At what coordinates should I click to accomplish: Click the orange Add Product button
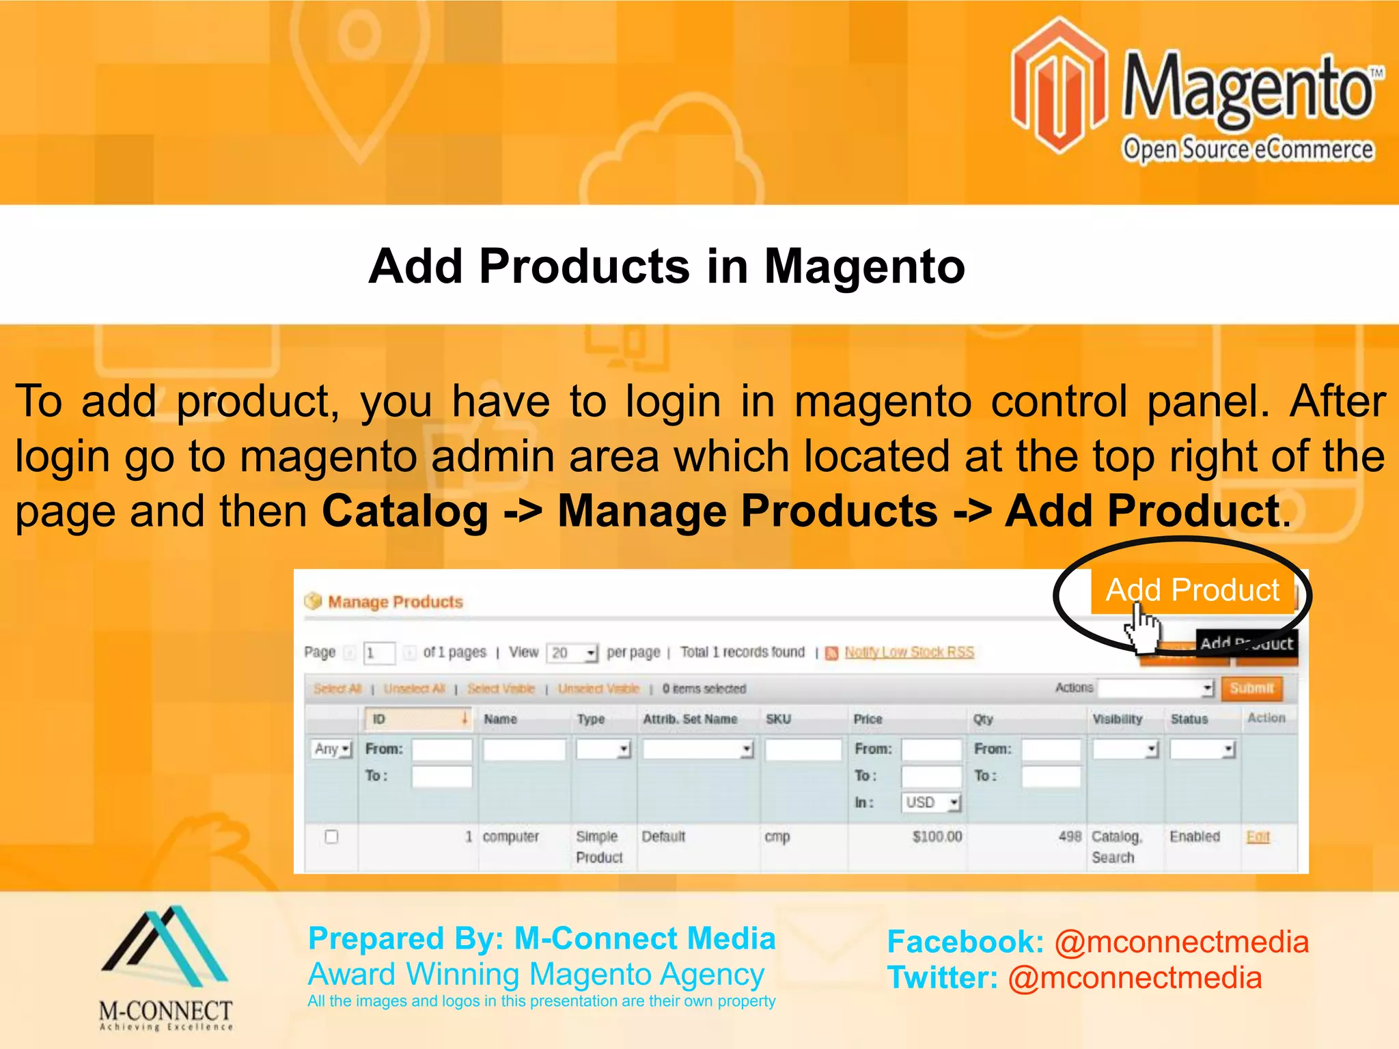[x=1191, y=590]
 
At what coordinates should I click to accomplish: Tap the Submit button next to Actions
[x=1251, y=688]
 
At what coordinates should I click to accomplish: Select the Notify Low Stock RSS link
[x=909, y=652]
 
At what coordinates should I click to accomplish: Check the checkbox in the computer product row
[x=331, y=837]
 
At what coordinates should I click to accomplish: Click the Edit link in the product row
[x=1258, y=837]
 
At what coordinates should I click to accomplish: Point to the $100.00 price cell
[x=937, y=837]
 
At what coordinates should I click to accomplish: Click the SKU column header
[x=778, y=719]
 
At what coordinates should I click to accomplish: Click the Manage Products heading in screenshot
[x=395, y=602]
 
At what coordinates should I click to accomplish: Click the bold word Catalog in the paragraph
[x=405, y=511]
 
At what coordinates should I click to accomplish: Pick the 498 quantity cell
[x=1070, y=837]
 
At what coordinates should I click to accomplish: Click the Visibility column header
[x=1117, y=719]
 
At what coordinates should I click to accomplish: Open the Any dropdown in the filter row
[x=332, y=749]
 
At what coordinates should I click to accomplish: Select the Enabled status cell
[x=1194, y=837]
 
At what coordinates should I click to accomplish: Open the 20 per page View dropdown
[x=572, y=653]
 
